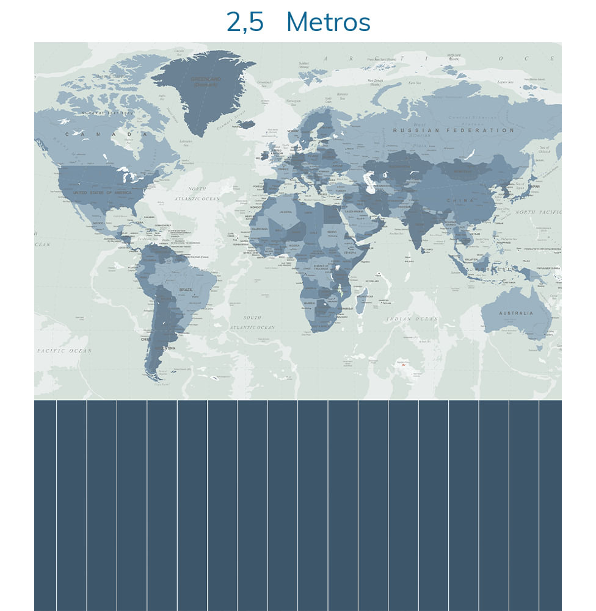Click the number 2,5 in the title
click(245, 23)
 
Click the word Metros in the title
click(328, 23)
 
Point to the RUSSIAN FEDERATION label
click(454, 130)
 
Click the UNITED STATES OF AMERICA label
click(102, 193)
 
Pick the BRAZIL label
click(186, 290)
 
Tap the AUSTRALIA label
click(516, 313)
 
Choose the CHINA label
click(460, 200)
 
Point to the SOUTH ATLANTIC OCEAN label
click(252, 323)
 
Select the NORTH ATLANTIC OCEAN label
click(197, 194)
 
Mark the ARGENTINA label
click(165, 348)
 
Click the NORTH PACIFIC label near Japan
click(537, 212)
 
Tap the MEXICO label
click(98, 223)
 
